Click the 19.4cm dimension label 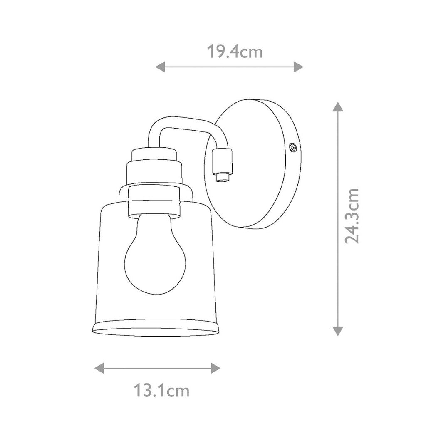235,52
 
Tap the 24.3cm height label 352,216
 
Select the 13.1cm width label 161,391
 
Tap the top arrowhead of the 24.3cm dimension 338,107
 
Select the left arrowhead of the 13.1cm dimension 99,368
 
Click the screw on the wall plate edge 293,148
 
